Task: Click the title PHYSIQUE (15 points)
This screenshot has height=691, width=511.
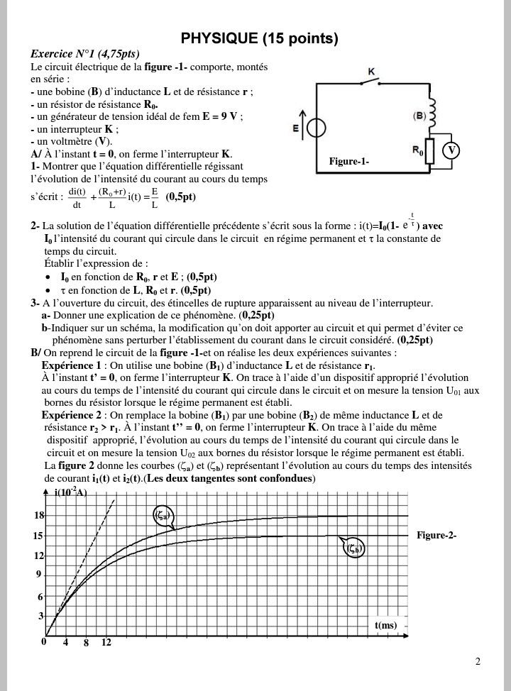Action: click(x=259, y=38)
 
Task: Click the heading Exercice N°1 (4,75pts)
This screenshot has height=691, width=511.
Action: click(x=85, y=54)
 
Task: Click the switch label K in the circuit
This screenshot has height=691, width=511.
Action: click(x=372, y=72)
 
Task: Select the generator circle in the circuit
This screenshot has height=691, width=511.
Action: click(x=317, y=128)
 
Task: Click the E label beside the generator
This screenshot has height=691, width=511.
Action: click(x=296, y=128)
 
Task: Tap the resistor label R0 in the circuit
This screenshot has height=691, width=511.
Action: click(x=417, y=150)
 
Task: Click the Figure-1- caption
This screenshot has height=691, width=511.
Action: click(x=349, y=162)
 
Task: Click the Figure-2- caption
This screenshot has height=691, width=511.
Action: click(x=436, y=535)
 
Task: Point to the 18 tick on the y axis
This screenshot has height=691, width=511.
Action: click(x=40, y=516)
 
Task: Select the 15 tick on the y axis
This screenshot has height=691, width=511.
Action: click(x=40, y=536)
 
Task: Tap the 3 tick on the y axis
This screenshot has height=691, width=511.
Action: click(x=41, y=617)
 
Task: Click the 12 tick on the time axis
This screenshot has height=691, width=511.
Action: click(x=106, y=643)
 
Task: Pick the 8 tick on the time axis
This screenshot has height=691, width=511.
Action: click(x=86, y=643)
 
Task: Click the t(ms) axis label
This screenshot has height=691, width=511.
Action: click(x=385, y=625)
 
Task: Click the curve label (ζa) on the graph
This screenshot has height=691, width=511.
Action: click(x=161, y=516)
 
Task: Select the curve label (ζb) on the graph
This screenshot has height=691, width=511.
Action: click(x=354, y=548)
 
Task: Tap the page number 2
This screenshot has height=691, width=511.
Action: click(x=478, y=662)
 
